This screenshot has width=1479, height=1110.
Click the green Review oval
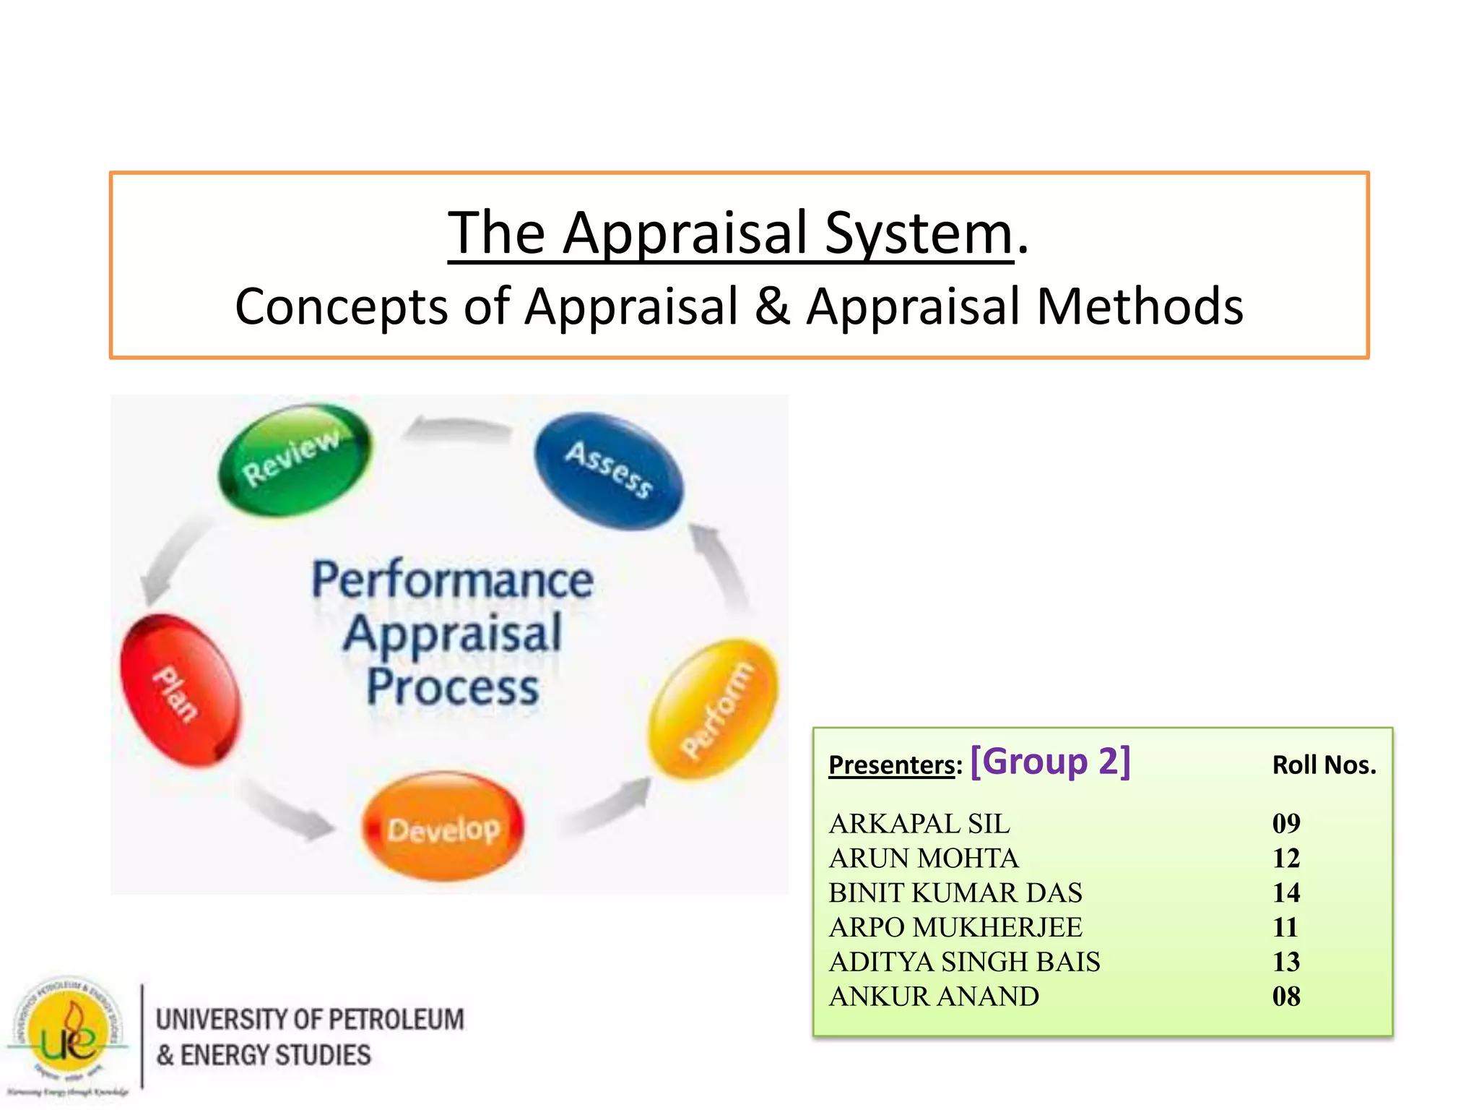(x=295, y=460)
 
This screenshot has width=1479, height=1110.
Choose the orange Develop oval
(x=443, y=827)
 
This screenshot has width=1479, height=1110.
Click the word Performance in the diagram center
(x=453, y=580)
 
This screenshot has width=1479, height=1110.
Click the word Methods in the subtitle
(x=1140, y=306)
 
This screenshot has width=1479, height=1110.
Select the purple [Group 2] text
(x=1050, y=762)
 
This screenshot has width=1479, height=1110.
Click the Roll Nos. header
(x=1324, y=765)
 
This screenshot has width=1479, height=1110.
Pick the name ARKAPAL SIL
(x=919, y=824)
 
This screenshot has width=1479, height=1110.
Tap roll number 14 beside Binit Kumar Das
(x=1285, y=893)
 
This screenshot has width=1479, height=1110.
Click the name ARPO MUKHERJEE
(x=955, y=927)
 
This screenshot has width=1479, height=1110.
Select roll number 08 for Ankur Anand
(x=1285, y=997)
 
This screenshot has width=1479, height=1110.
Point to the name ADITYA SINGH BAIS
(x=964, y=962)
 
